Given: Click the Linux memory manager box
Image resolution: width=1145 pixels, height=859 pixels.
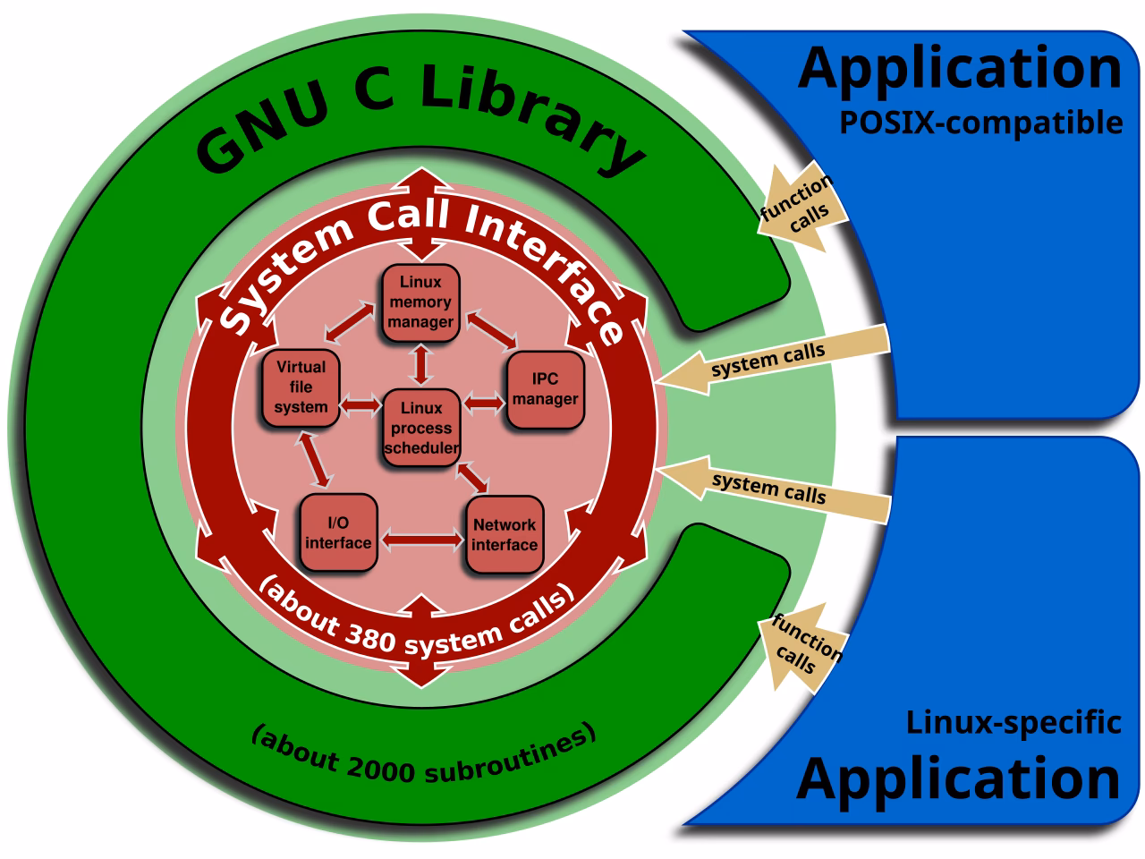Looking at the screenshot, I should click(420, 302).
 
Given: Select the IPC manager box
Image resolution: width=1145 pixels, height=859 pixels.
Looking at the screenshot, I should click(546, 390).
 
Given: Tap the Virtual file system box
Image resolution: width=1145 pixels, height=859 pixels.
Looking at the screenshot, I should click(301, 387).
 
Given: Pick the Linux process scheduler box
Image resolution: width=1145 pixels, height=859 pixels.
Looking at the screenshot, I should click(421, 429).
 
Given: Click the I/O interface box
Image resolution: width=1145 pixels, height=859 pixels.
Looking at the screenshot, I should click(338, 534).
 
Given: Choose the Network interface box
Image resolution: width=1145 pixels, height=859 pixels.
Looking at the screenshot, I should click(505, 535).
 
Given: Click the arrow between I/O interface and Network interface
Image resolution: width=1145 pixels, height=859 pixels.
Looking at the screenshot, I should click(421, 540).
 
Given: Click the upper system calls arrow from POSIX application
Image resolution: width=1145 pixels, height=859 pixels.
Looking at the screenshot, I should click(769, 358).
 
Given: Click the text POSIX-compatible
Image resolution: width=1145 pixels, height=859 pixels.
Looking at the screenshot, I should click(980, 123).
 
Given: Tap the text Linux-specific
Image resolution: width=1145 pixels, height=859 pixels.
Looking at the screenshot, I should click(1014, 721).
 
